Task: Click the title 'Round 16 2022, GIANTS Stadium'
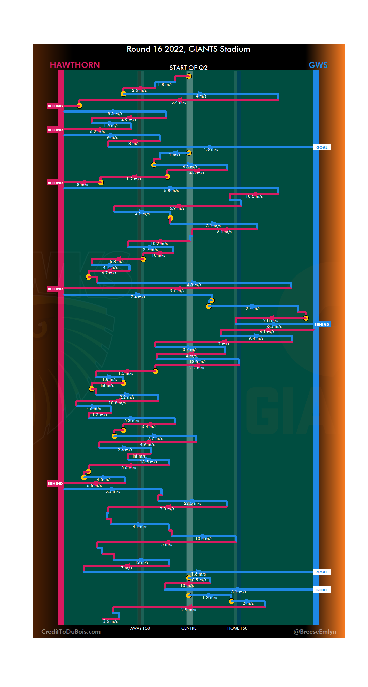[x=188, y=49]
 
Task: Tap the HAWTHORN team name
[x=75, y=65]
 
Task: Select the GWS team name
[x=318, y=65]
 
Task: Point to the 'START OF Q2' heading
[x=188, y=68]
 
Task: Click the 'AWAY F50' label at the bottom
[x=140, y=628]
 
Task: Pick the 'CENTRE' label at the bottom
[x=189, y=628]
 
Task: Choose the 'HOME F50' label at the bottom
[x=237, y=628]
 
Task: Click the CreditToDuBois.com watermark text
[x=71, y=632]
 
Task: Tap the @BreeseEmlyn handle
[x=315, y=632]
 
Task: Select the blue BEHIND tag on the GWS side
[x=322, y=325]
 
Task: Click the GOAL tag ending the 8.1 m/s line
[x=322, y=590]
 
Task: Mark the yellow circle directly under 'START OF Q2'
[x=189, y=76]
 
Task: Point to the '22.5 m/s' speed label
[x=193, y=503]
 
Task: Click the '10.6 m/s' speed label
[x=254, y=196]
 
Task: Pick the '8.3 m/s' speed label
[x=115, y=114]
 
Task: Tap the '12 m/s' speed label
[x=141, y=562]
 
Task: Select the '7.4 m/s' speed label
[x=138, y=297]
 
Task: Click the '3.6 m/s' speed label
[x=110, y=621]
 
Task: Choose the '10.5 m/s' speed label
[x=204, y=539]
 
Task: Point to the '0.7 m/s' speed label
[x=190, y=350]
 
